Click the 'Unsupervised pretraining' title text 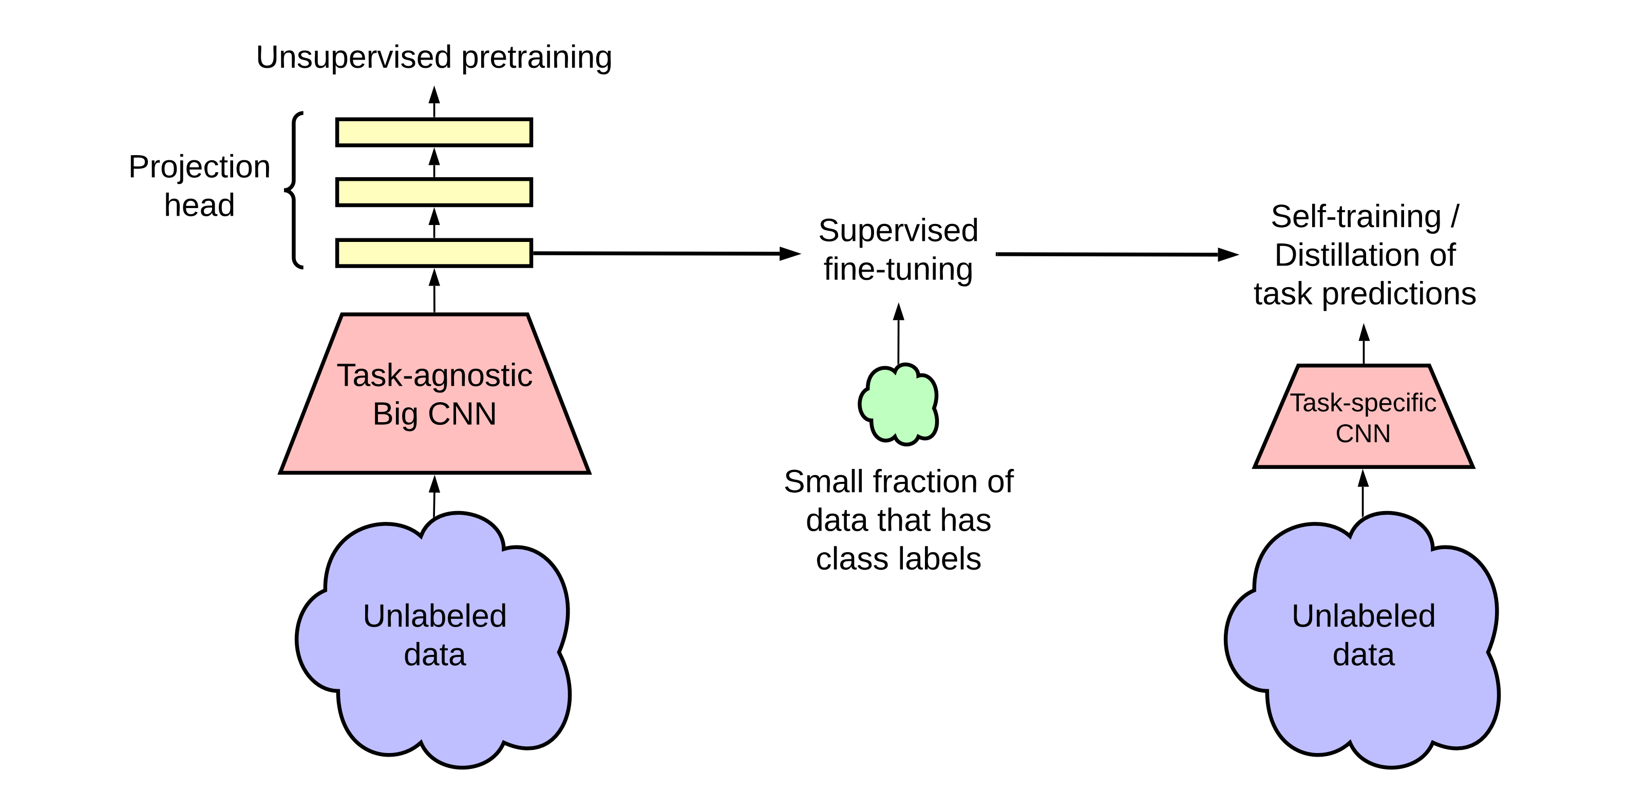(x=433, y=58)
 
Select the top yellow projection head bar (x=433, y=132)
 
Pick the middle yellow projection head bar (x=433, y=192)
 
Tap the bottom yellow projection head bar (x=433, y=253)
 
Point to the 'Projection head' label (x=199, y=186)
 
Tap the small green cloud (x=898, y=404)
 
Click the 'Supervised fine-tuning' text (x=898, y=250)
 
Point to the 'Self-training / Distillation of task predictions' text (x=1365, y=255)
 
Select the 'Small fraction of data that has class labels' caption (x=898, y=520)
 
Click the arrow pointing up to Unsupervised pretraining (x=434, y=102)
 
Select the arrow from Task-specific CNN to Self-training (x=1364, y=345)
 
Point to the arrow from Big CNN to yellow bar (x=434, y=291)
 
